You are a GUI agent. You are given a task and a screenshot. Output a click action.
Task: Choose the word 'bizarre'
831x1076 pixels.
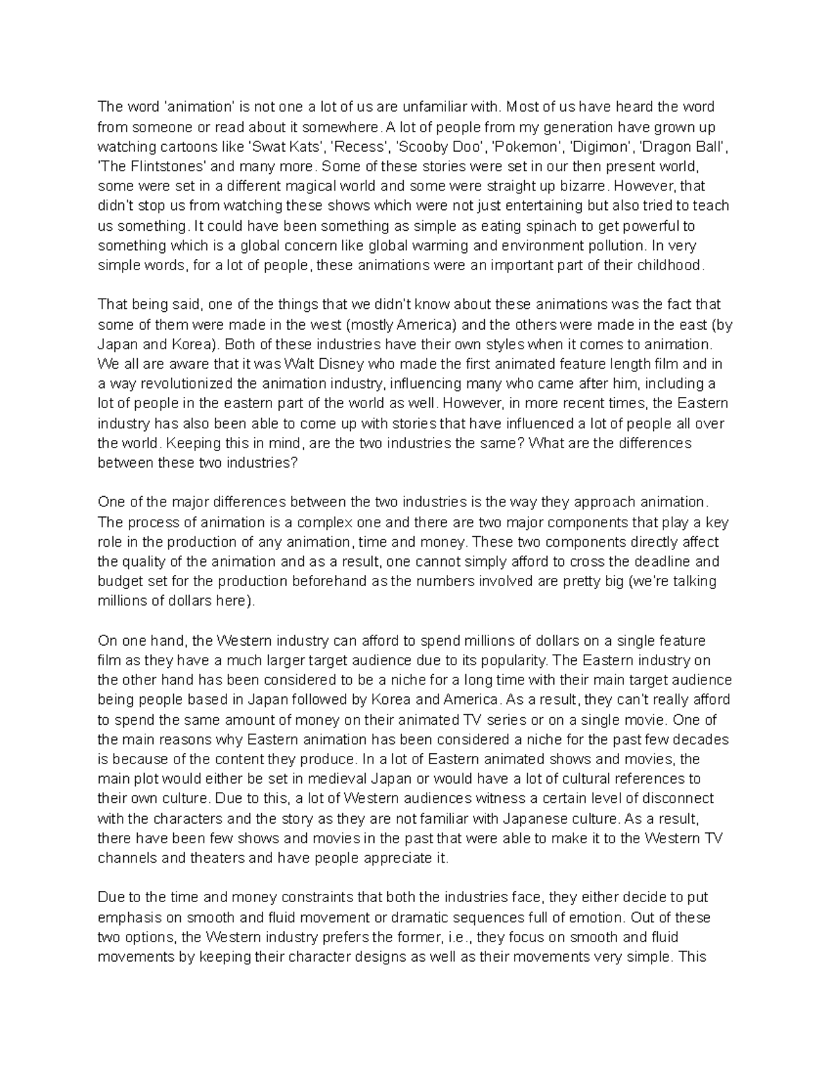pyautogui.click(x=582, y=186)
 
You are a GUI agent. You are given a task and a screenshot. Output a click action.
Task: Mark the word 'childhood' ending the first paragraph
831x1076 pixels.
pyautogui.click(x=670, y=265)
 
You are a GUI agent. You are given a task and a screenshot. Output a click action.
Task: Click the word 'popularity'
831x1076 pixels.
pyautogui.click(x=508, y=660)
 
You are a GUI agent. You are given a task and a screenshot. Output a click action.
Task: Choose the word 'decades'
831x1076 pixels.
pyautogui.click(x=699, y=739)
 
